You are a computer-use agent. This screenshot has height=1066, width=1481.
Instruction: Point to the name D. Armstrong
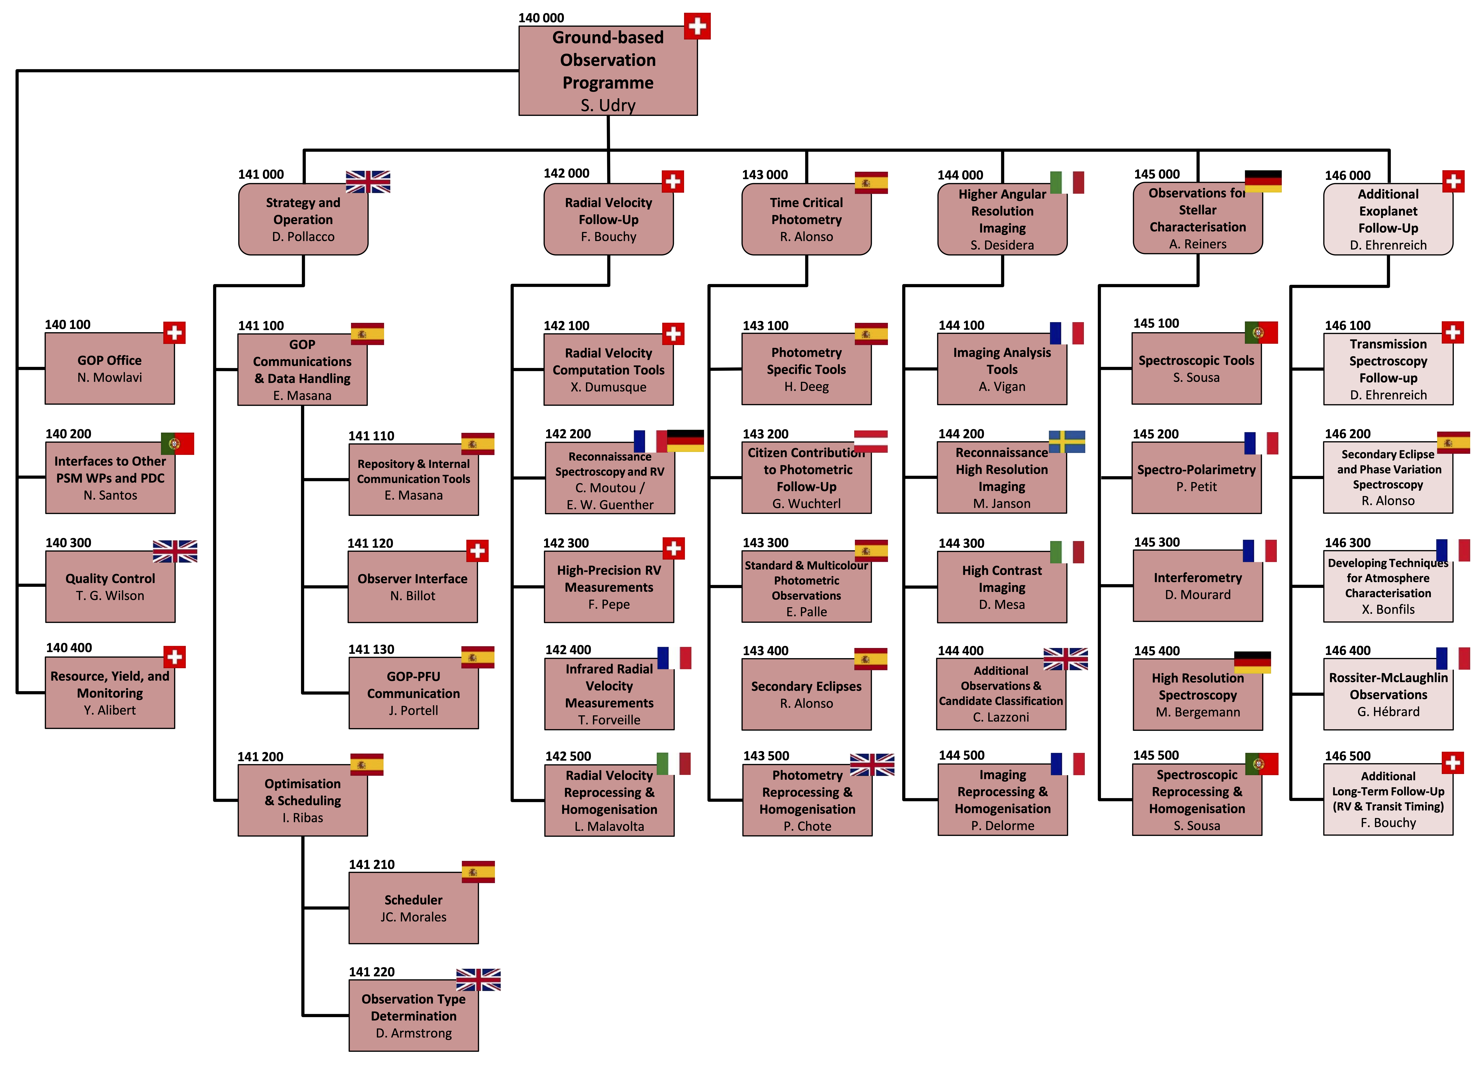pos(413,1033)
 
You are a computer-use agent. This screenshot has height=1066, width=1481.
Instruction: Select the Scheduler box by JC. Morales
pos(413,908)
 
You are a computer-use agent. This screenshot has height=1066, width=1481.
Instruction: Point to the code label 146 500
pos(1347,756)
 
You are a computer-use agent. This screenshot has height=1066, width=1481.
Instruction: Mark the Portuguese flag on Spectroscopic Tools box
pos(1261,333)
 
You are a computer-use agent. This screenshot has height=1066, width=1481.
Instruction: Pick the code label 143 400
pos(765,651)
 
